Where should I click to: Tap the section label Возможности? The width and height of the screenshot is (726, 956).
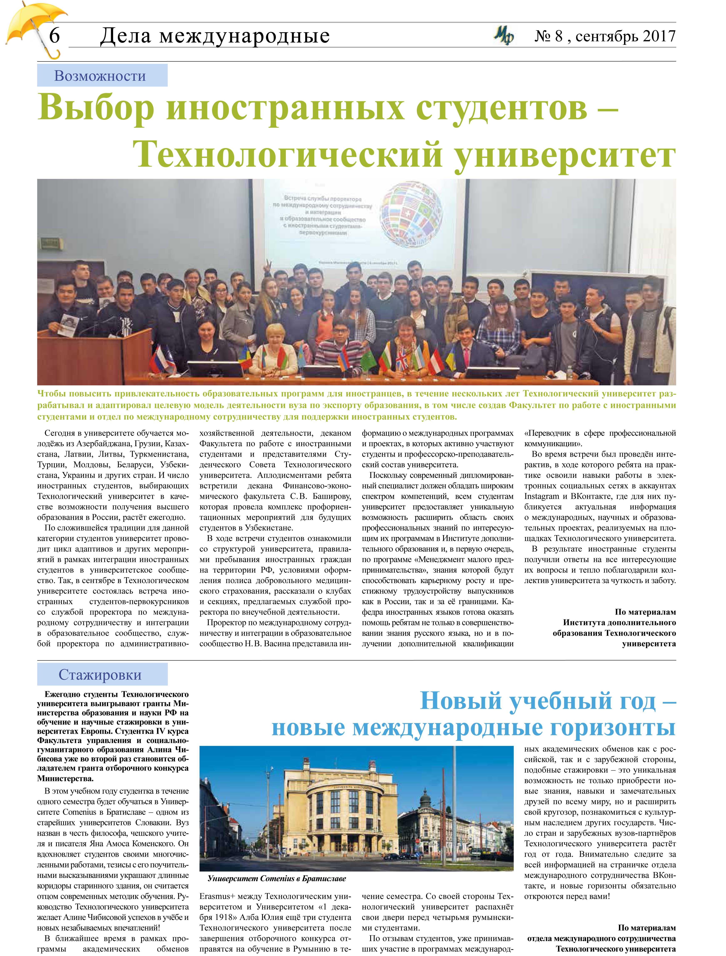click(x=100, y=76)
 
